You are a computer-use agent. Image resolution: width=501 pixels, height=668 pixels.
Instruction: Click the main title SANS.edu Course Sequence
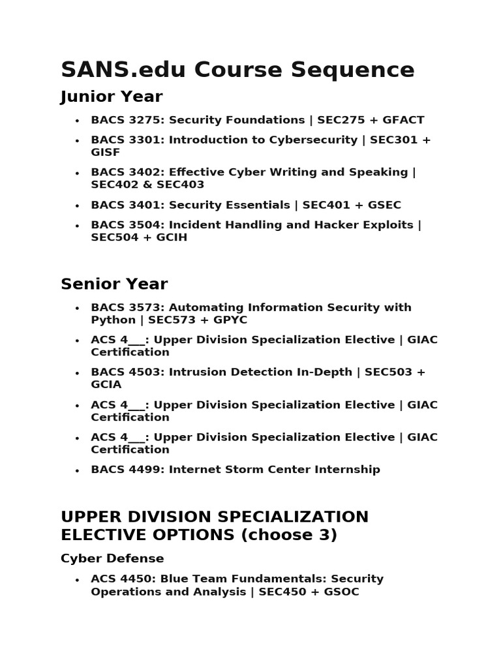[x=237, y=69]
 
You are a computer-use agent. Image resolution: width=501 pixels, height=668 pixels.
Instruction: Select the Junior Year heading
[x=112, y=97]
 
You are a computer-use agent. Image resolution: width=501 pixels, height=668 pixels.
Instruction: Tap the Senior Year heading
[x=114, y=284]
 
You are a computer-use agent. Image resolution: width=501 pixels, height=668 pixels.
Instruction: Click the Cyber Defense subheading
[x=112, y=558]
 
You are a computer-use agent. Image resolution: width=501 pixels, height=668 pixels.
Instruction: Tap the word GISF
[x=106, y=152]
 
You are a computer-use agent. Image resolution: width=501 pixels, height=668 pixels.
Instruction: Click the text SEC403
[x=183, y=185]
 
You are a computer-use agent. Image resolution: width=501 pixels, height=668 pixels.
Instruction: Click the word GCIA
[x=106, y=385]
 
